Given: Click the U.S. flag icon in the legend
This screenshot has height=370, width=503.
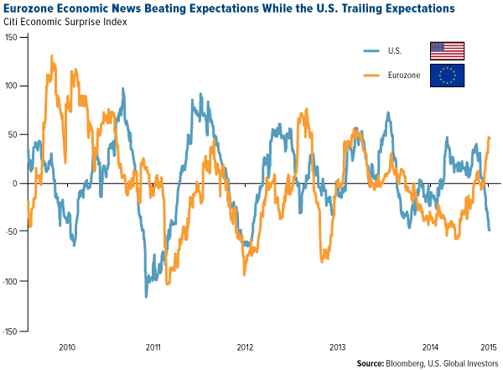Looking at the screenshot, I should pyautogui.click(x=447, y=50).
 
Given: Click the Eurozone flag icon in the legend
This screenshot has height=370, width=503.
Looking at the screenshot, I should pyautogui.click(x=447, y=76).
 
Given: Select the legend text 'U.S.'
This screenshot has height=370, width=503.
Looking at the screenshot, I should pyautogui.click(x=393, y=50).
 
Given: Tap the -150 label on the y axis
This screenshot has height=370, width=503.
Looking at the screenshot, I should pyautogui.click(x=10, y=331).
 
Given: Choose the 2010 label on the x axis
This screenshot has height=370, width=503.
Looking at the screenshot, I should pyautogui.click(x=67, y=346).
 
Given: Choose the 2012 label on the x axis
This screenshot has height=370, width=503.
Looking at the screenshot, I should pyautogui.click(x=245, y=346).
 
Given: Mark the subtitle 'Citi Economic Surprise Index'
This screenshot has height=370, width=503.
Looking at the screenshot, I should pyautogui.click(x=64, y=21).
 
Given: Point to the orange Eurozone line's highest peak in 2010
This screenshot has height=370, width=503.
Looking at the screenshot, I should pyautogui.click(x=52, y=56).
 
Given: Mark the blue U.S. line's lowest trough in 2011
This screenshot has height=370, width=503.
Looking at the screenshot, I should pyautogui.click(x=146, y=296).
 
